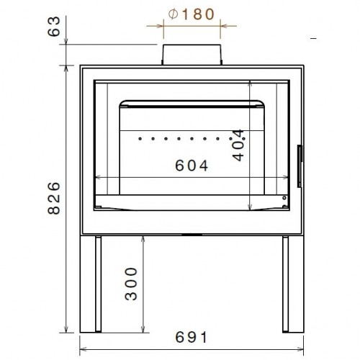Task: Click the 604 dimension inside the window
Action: coord(191,166)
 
